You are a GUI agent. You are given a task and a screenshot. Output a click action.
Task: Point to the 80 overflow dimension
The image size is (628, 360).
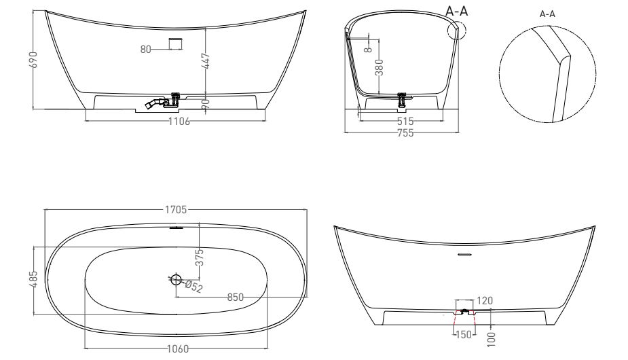145,48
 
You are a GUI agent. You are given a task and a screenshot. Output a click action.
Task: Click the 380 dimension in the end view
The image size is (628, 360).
380,68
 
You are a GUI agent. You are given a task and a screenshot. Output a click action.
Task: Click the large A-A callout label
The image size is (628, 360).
456,12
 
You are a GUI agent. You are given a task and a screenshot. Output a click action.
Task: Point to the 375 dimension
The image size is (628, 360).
200,257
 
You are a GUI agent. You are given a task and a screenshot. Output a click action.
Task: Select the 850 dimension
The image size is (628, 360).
236,297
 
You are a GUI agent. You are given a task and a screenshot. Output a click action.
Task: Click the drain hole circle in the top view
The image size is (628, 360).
177,278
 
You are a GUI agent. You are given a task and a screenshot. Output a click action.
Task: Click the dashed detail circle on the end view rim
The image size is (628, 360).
457,31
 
